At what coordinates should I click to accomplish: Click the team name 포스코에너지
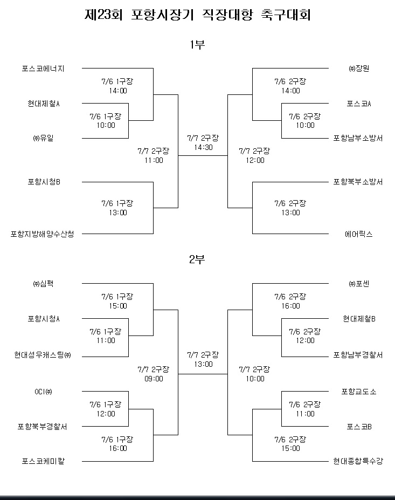click(x=43, y=69)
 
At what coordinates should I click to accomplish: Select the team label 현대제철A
click(x=44, y=104)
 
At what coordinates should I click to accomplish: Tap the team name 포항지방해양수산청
click(x=43, y=234)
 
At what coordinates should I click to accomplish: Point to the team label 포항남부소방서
click(x=358, y=138)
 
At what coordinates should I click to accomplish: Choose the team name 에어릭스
click(x=359, y=234)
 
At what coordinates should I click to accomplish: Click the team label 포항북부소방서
click(x=358, y=182)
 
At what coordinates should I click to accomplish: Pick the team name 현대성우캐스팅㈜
click(x=43, y=355)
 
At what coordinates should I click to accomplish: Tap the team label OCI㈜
click(x=43, y=392)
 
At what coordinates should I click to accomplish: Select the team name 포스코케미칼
click(x=43, y=461)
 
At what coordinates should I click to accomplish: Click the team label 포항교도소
click(x=359, y=392)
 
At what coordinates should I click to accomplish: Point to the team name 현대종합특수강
click(x=358, y=461)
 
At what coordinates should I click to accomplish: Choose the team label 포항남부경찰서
click(x=358, y=355)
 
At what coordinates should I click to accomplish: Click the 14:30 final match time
click(x=203, y=147)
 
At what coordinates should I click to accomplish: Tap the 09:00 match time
click(x=154, y=379)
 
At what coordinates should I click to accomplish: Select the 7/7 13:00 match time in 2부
click(x=203, y=359)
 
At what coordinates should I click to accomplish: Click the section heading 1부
click(x=197, y=45)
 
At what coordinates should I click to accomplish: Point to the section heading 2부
click(x=197, y=259)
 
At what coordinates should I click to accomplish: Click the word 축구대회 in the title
click(x=286, y=15)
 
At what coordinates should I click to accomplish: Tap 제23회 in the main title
click(x=103, y=15)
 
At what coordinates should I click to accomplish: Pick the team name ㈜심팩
click(x=43, y=284)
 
